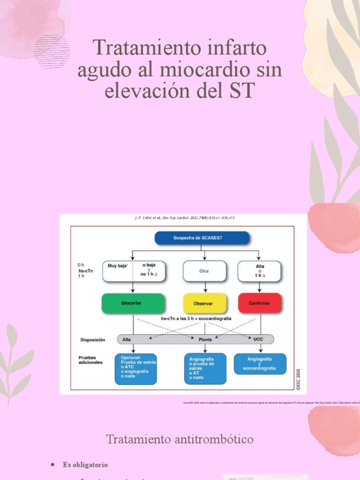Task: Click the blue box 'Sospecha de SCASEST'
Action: pos(202,238)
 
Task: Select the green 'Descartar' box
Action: pos(133,303)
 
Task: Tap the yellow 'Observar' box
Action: pos(205,303)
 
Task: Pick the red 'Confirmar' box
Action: pos(260,303)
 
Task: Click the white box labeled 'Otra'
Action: pos(205,271)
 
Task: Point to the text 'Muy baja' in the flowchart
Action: pos(118,266)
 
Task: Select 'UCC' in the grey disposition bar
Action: pos(258,339)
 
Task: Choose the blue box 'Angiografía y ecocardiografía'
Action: pos(260,364)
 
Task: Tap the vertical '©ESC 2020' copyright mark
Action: pos(298,379)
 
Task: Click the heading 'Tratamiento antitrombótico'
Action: pos(180,439)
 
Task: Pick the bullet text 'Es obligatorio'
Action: pos(85,465)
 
